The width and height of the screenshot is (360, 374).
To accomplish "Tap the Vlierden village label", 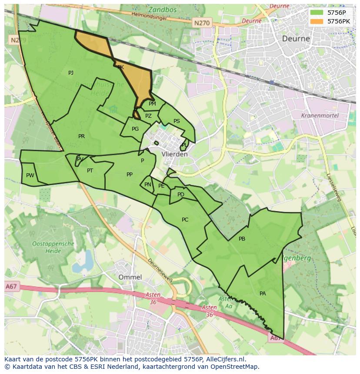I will (x=174, y=154).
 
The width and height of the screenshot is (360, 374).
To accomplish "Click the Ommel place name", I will (x=130, y=277).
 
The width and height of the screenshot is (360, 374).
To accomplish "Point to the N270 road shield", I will (x=202, y=23).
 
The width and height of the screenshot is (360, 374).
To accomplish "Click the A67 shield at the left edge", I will (x=11, y=286).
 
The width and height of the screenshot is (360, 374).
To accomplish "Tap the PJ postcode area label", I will (x=71, y=73).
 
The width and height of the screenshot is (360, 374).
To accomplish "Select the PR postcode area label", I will (x=81, y=136).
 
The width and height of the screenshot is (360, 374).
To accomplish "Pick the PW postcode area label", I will (x=30, y=175).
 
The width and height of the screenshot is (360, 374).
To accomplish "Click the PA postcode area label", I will (x=263, y=294).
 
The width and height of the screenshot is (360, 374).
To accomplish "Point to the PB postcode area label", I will (x=242, y=239).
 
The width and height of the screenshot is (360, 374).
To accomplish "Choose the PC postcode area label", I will (x=185, y=220).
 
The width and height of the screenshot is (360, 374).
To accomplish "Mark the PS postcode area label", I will (x=177, y=121).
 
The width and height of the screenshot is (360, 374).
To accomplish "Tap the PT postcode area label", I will (x=90, y=171).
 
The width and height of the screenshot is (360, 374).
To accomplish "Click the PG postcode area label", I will (x=135, y=129).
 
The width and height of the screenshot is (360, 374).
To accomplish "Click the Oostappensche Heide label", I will (x=53, y=247).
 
